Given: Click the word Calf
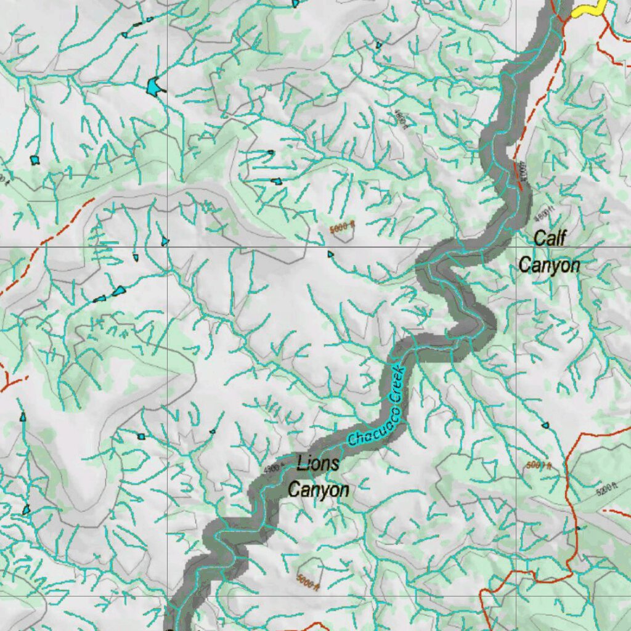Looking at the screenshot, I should click(x=549, y=238).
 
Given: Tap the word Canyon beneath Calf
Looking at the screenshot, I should click(x=549, y=266).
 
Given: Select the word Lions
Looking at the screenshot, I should click(x=317, y=463).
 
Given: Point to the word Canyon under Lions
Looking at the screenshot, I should click(x=319, y=490).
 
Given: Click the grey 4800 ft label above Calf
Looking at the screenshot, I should click(x=543, y=216).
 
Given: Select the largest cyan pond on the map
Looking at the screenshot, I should click(x=153, y=86).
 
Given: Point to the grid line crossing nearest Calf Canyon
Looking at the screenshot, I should click(x=516, y=247).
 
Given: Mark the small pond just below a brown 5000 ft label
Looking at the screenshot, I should click(x=331, y=253).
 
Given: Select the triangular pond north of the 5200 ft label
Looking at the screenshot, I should click(x=545, y=425).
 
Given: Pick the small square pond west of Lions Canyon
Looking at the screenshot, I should click(x=141, y=436).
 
